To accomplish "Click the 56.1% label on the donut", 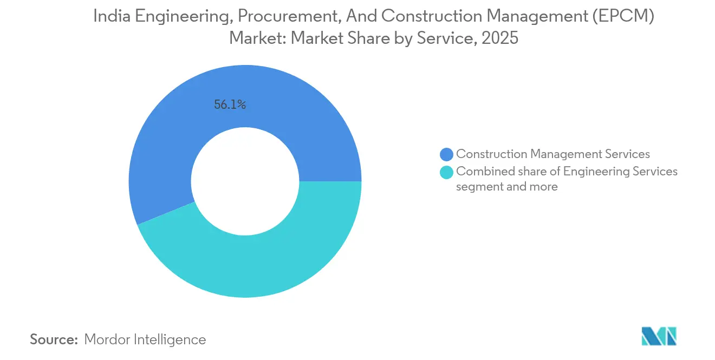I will click(230, 106).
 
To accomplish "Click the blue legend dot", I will click(447, 154).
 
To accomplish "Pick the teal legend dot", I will click(447, 172).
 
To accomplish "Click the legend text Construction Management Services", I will click(553, 154).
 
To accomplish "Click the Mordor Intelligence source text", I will click(145, 339).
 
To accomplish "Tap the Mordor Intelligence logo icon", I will click(659, 336).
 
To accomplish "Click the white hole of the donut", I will click(245, 181).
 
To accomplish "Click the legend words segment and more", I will click(507, 187).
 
